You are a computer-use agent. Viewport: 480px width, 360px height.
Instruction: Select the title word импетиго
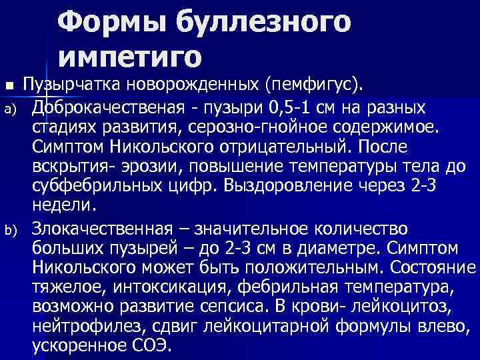[x=129, y=57]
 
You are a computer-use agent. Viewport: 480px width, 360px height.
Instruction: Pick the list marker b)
[x=9, y=231]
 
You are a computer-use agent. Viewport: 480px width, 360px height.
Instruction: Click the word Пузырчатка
[x=75, y=85]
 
